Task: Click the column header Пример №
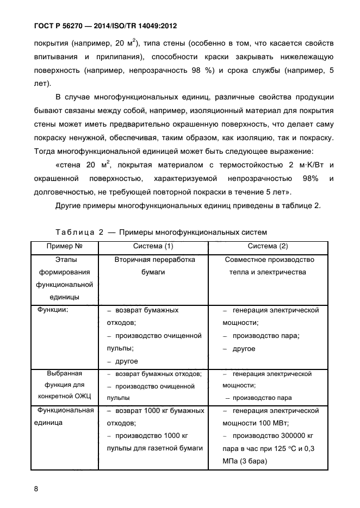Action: coord(64,246)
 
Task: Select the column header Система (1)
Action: coord(153,246)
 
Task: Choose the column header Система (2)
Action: coord(268,246)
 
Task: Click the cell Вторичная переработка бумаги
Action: coord(153,266)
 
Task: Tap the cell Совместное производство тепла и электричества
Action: coord(268,266)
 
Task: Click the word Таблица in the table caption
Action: coord(76,232)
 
